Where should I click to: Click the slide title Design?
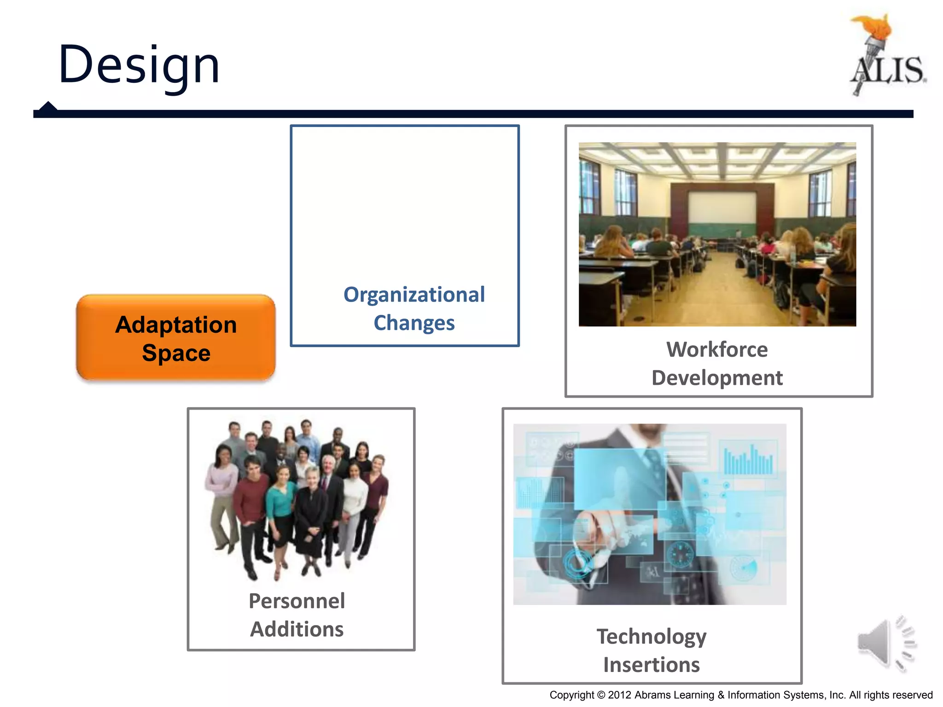139,65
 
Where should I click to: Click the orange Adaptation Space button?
176,338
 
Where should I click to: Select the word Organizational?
414,295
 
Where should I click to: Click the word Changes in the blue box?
414,323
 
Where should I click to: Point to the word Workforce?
717,350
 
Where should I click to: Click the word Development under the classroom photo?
717,378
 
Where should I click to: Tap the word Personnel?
297,601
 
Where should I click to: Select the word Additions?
297,629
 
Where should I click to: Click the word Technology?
652,637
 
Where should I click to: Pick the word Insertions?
652,665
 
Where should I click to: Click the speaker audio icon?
886,644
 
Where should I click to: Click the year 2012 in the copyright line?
619,695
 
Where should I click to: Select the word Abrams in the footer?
652,695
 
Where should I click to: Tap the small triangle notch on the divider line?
48,106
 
